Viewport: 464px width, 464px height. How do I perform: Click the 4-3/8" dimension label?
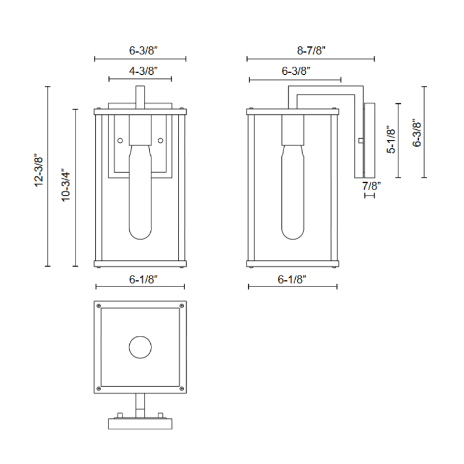140,71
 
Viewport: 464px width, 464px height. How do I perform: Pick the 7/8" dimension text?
371,186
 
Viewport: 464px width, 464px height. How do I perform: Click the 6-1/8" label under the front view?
140,279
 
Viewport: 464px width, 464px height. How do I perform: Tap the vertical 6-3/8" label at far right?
416,133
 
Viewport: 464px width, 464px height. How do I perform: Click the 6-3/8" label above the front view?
140,50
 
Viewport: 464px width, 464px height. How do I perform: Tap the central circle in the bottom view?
140,348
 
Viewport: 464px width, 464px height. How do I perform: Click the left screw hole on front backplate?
120,140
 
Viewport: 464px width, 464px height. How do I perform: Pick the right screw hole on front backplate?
161,140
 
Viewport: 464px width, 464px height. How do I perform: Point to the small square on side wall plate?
361,140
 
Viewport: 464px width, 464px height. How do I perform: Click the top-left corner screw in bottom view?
99,306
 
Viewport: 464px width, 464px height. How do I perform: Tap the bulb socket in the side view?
293,130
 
